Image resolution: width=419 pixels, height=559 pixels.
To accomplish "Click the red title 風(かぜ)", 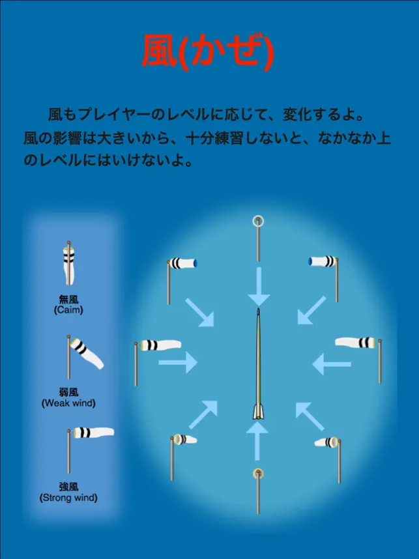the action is [x=209, y=51].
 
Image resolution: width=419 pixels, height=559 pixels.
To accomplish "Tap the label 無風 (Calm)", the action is [x=68, y=304].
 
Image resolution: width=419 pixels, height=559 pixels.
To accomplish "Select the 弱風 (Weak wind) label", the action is [x=68, y=398].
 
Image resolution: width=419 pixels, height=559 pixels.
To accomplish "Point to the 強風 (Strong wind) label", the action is [x=68, y=492].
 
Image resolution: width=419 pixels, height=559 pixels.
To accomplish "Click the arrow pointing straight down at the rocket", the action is [x=259, y=287].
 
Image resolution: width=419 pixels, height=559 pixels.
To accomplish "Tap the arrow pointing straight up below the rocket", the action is [x=257, y=441].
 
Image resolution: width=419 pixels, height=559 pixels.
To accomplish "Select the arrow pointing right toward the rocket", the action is [x=178, y=362].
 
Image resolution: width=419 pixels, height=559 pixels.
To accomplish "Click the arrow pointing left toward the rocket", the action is [x=332, y=364].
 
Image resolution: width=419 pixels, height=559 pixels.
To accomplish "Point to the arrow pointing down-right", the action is [x=199, y=313].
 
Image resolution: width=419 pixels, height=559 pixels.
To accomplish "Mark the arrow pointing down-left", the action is [x=311, y=310].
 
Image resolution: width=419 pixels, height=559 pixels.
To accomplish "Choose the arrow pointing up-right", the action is [x=203, y=414].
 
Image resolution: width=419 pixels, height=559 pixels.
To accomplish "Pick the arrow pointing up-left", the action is [x=310, y=416].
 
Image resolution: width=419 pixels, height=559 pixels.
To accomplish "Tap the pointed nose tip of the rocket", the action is [x=258, y=309].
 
